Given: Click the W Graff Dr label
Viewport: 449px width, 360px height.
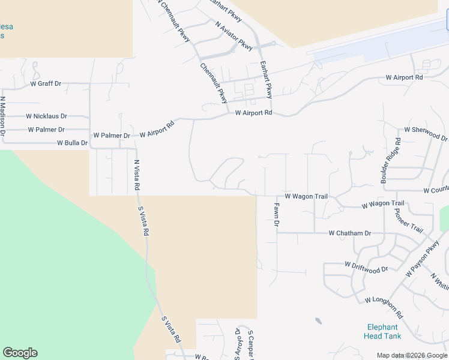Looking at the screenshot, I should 46,84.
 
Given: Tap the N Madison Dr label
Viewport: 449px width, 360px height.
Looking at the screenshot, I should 3,116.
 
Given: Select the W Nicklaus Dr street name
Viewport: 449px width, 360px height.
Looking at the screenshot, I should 46,116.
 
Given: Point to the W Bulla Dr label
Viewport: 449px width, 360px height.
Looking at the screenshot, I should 72,143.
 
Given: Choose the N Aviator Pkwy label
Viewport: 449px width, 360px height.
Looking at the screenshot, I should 235,35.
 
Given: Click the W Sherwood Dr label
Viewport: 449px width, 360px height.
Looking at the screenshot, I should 426,133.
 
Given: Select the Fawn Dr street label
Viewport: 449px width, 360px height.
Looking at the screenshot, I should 277,214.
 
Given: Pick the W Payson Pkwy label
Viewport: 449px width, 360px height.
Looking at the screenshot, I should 423,259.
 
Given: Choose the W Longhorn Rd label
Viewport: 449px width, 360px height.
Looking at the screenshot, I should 384,307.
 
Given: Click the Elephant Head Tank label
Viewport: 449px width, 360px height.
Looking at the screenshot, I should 382,331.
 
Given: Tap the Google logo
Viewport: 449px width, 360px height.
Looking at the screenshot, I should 20,353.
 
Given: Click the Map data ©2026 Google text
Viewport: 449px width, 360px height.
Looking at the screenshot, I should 412,355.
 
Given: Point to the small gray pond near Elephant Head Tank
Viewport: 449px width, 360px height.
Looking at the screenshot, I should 318,321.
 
